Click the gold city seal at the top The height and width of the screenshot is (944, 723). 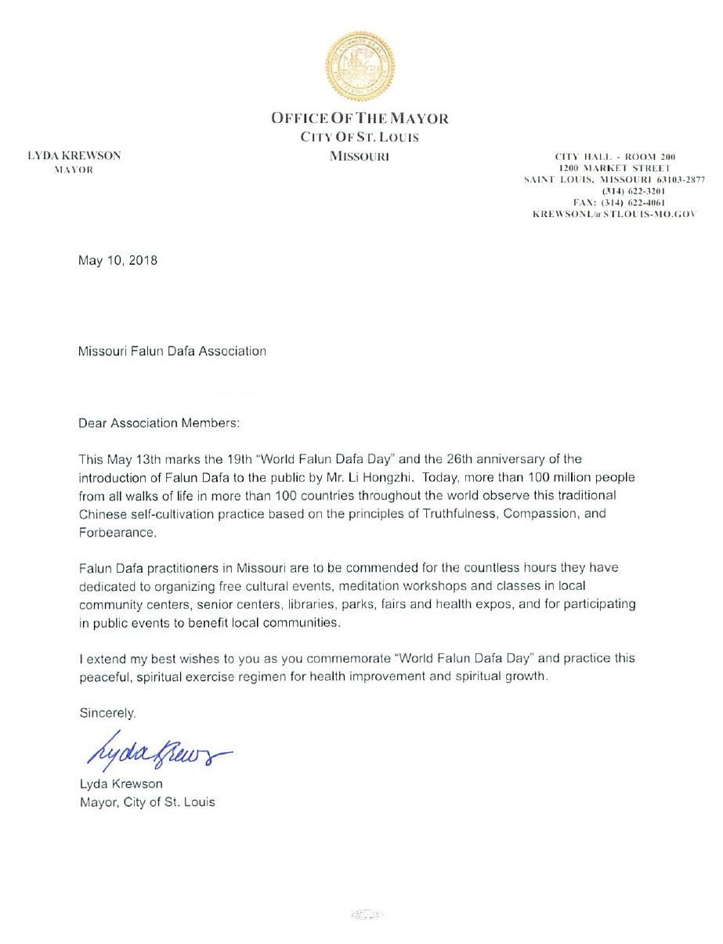click(360, 67)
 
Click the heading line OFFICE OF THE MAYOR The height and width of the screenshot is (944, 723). click(360, 119)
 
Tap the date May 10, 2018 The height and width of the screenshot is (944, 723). click(118, 261)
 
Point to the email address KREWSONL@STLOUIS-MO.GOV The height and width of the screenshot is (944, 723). click(613, 214)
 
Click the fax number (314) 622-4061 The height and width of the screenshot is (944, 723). click(613, 202)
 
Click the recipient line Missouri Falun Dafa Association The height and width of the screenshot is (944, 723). click(172, 351)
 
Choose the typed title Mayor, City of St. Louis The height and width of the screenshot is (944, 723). click(146, 802)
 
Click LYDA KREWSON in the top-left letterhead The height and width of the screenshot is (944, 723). click(74, 156)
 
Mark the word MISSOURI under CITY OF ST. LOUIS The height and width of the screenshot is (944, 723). click(360, 156)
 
